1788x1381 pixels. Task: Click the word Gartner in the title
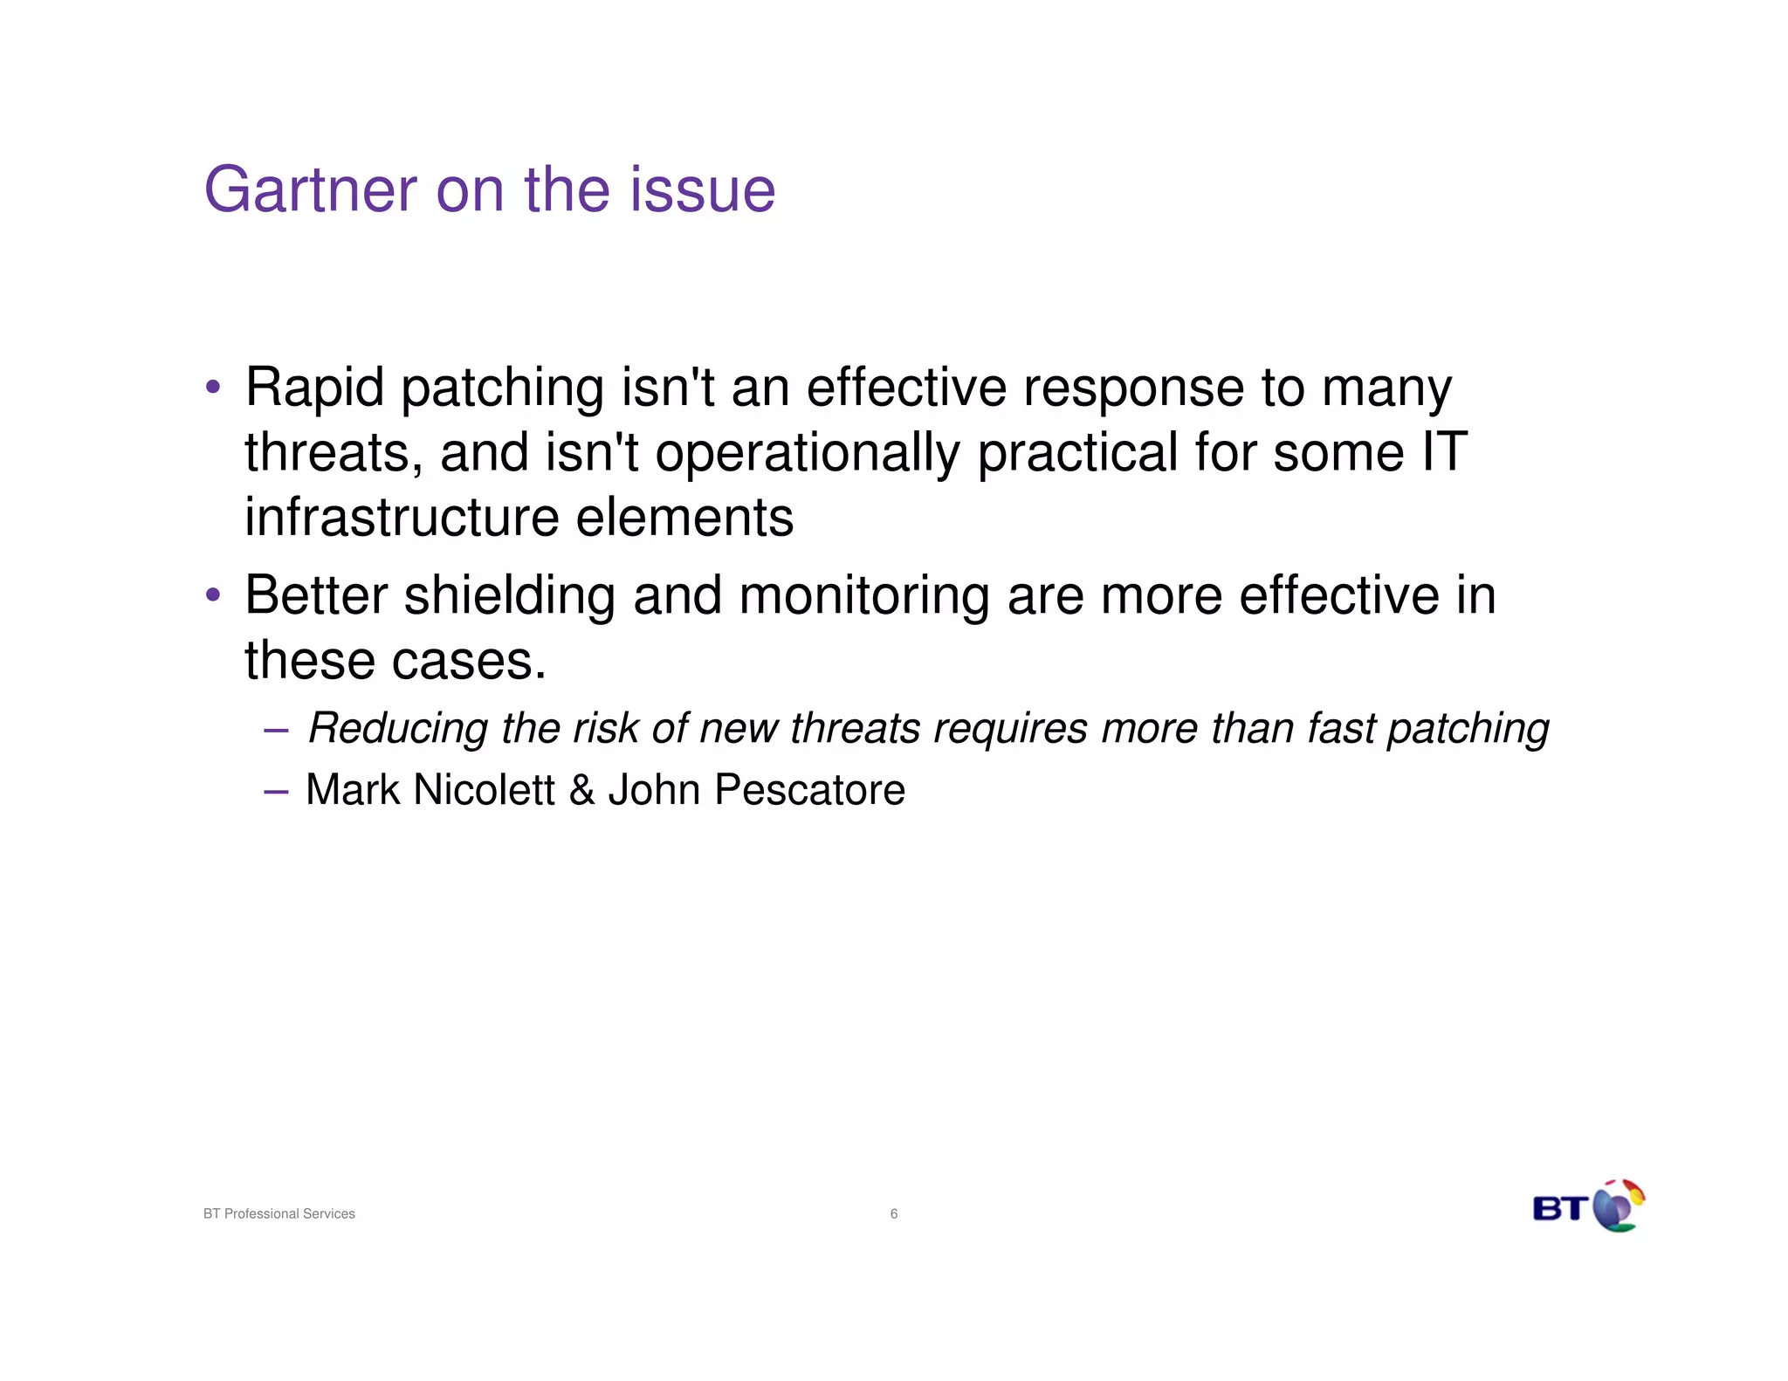(310, 189)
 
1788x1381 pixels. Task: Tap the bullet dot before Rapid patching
(212, 386)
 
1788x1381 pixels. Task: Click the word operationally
(807, 453)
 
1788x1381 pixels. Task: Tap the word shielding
(510, 595)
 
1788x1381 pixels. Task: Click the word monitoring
(864, 596)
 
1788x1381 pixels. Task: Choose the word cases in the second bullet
(468, 661)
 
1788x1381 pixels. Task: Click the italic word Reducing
(398, 728)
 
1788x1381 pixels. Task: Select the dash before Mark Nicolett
(275, 791)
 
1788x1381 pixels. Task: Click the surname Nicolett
(484, 790)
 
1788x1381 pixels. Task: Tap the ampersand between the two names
(581, 790)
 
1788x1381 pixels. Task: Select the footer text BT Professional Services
(279, 1213)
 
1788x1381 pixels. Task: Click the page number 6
(894, 1213)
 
